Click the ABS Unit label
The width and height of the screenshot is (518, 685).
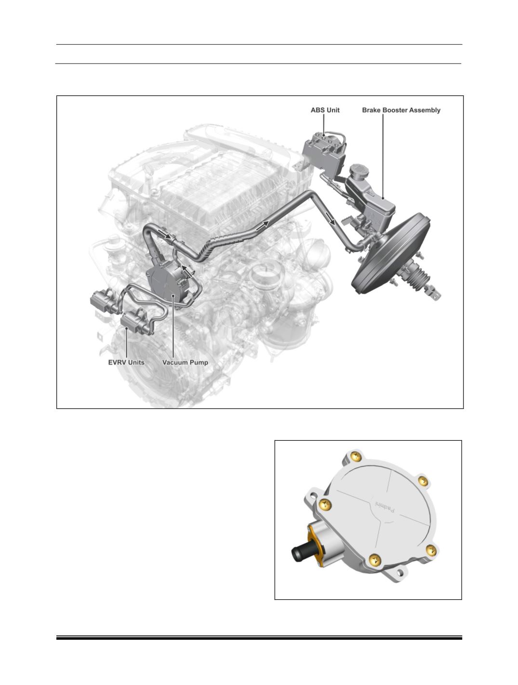pyautogui.click(x=325, y=110)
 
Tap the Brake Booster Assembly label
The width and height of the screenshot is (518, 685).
pyautogui.click(x=401, y=110)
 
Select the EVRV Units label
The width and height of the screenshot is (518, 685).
pyautogui.click(x=126, y=362)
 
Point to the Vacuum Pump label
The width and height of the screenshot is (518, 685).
pyautogui.click(x=185, y=362)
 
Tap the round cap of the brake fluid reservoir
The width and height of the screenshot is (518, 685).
pyautogui.click(x=359, y=171)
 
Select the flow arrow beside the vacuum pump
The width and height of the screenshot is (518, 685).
pyautogui.click(x=187, y=271)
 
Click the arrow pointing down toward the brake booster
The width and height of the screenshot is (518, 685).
pyautogui.click(x=330, y=218)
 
